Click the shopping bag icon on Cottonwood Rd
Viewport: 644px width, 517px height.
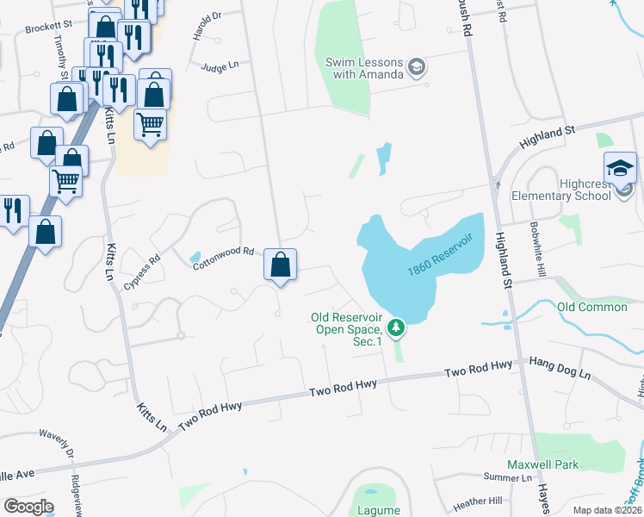pyautogui.click(x=280, y=264)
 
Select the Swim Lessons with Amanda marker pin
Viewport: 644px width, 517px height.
pyautogui.click(x=417, y=67)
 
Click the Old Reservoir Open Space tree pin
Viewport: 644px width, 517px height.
pyautogui.click(x=396, y=327)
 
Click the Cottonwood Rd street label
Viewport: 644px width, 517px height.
pyautogui.click(x=224, y=258)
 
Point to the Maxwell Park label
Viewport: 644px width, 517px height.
pyautogui.click(x=542, y=464)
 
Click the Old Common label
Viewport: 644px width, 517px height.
pyautogui.click(x=592, y=308)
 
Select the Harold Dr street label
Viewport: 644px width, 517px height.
pyautogui.click(x=207, y=27)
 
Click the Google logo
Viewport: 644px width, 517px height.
pyautogui.click(x=28, y=507)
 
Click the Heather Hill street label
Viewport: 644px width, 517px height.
pyautogui.click(x=477, y=501)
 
